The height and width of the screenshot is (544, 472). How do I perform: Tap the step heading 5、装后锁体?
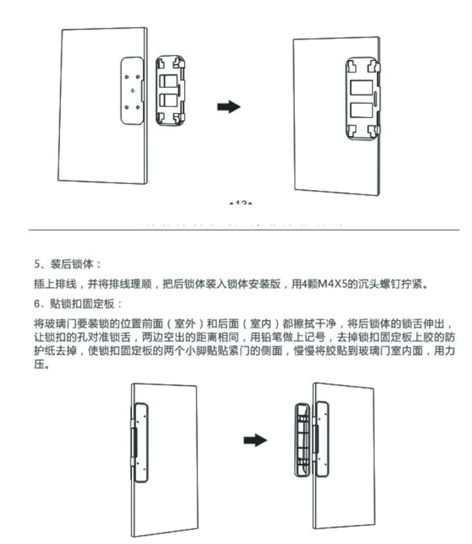(68, 264)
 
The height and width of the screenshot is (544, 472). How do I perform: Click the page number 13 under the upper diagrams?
(241, 204)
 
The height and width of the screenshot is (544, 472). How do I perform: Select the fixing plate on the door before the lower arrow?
(140, 442)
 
